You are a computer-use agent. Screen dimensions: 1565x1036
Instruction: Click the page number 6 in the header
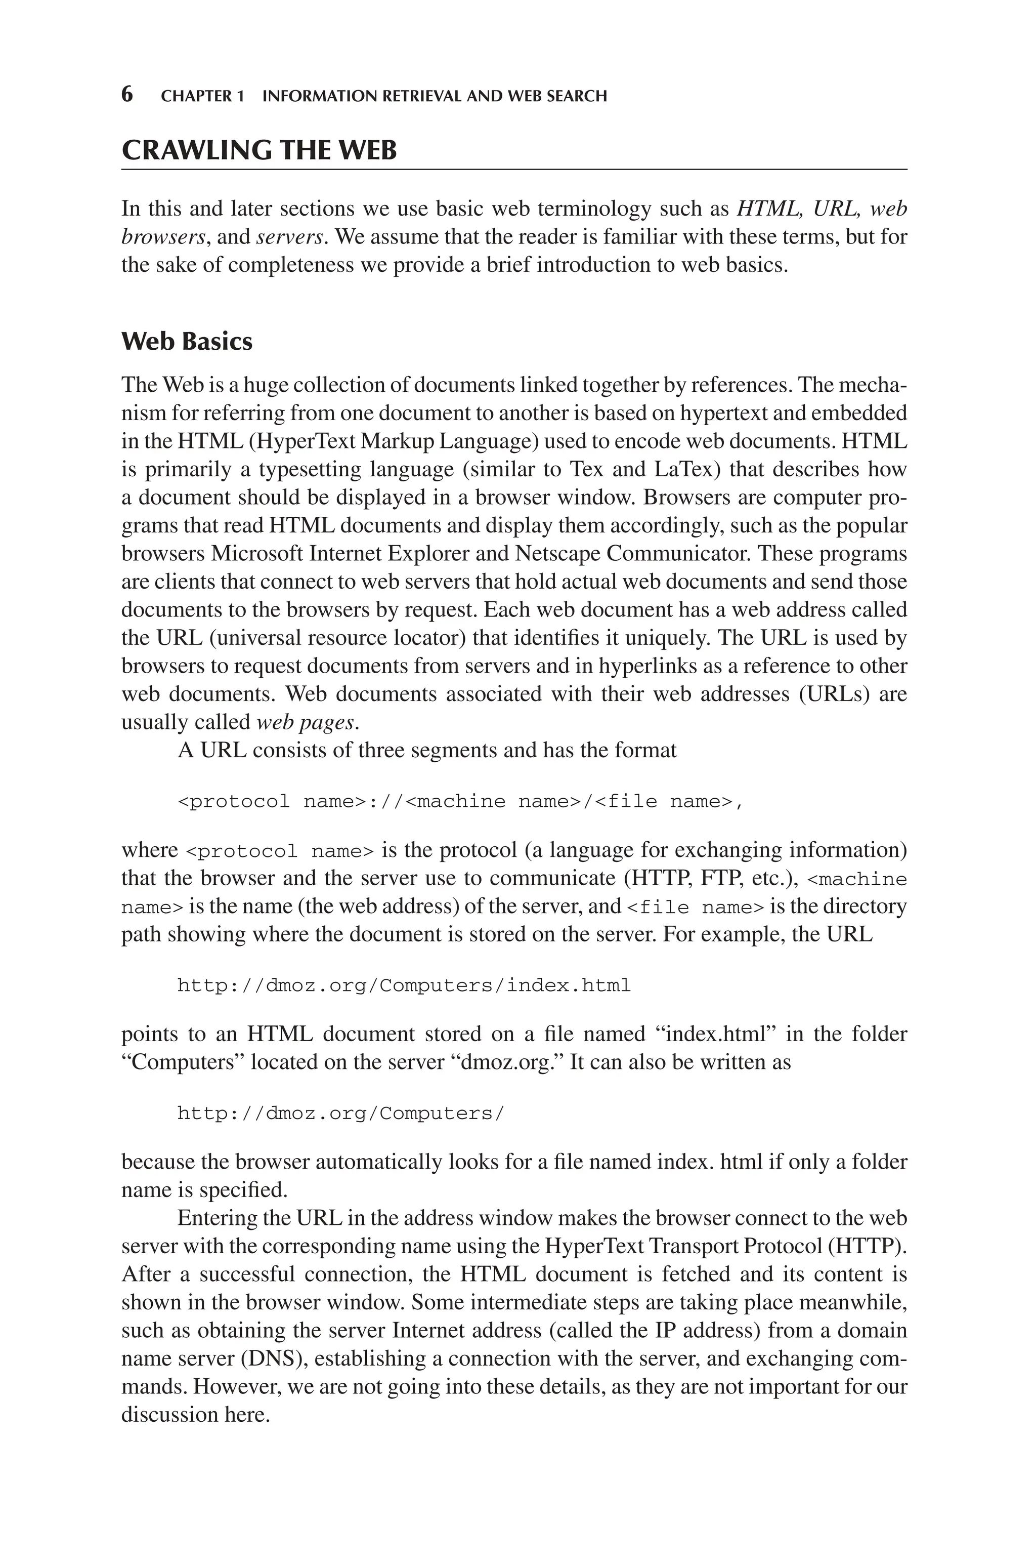[127, 95]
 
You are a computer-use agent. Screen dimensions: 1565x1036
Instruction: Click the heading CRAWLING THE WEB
[259, 151]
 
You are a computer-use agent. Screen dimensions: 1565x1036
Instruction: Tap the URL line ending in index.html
[404, 985]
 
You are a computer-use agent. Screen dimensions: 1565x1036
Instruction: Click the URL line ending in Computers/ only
[340, 1114]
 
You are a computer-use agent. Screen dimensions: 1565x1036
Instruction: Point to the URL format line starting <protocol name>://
[460, 802]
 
